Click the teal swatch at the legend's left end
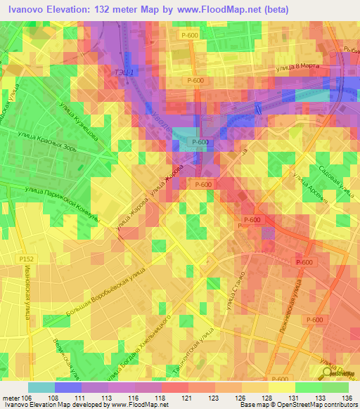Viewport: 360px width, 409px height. pos(41,387)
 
